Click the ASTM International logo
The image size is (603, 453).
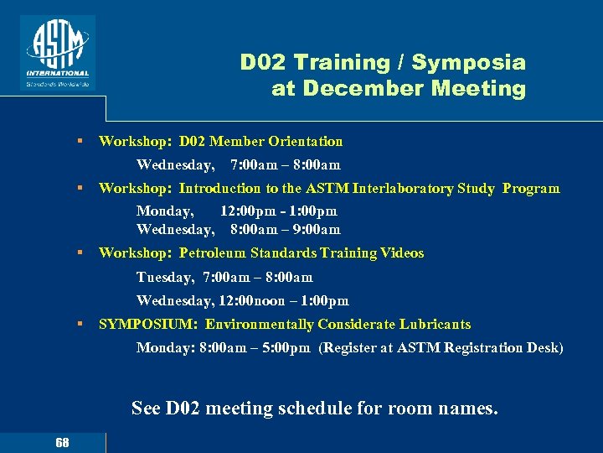point(58,52)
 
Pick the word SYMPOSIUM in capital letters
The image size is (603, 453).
point(147,325)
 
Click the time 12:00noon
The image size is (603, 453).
point(259,301)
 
